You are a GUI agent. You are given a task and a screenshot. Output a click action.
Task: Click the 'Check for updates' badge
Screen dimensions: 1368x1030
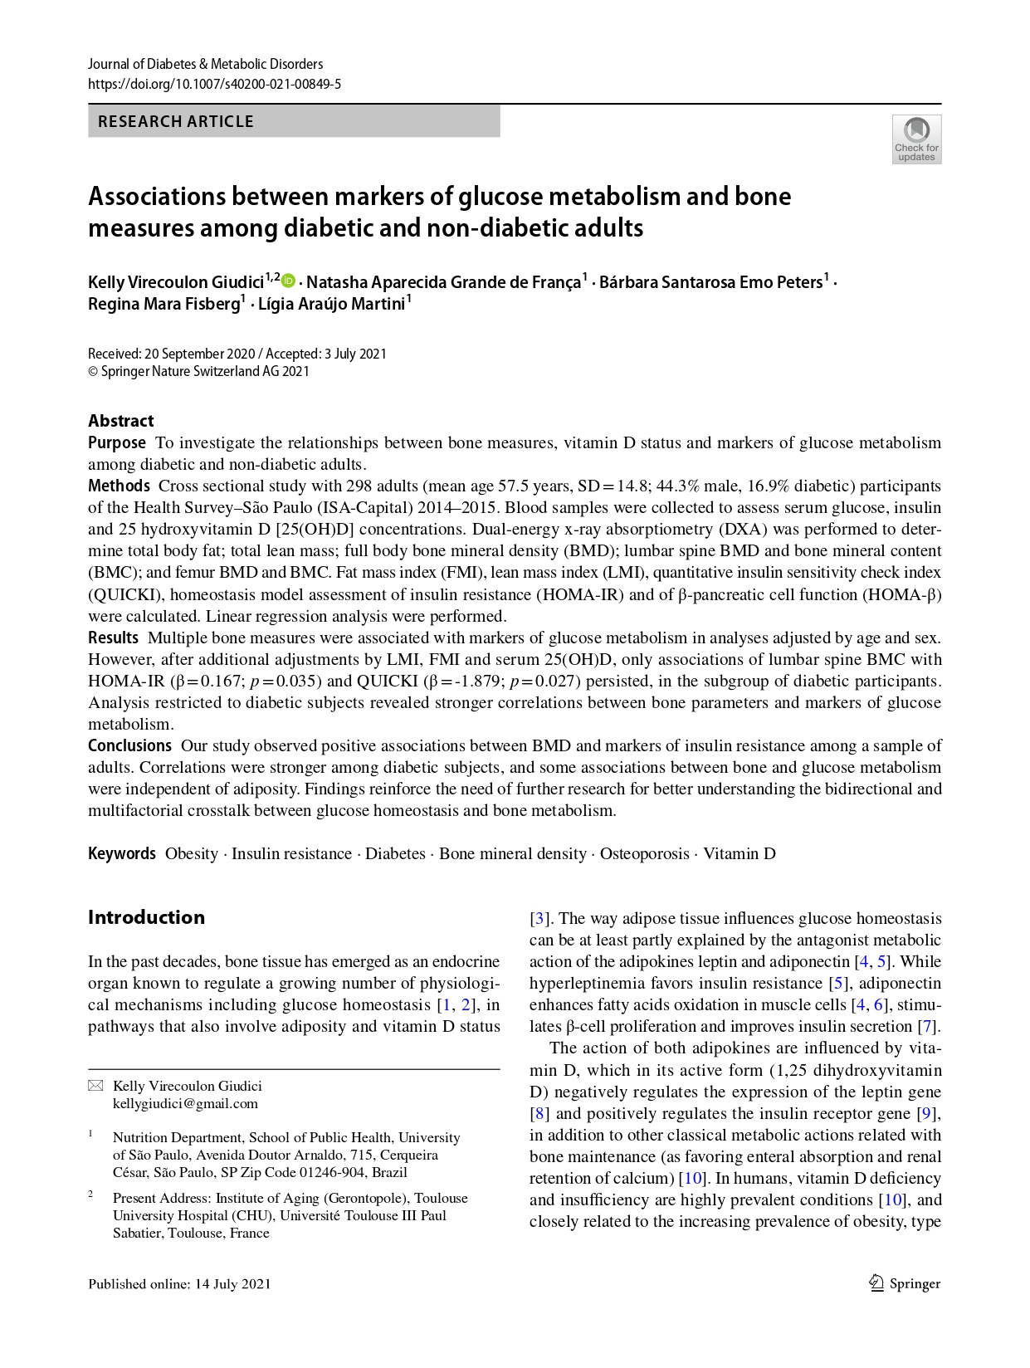pos(916,139)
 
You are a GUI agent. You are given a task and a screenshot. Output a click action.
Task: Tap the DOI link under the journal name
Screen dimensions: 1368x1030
pos(214,84)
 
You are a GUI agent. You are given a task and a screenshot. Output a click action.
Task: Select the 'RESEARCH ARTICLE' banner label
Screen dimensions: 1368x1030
pos(176,121)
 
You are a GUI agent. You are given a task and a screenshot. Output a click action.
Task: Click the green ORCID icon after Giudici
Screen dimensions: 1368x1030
pos(289,281)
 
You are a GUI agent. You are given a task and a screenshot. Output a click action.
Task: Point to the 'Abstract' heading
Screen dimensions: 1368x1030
pos(121,421)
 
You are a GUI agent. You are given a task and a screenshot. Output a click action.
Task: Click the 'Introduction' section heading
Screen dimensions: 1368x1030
pos(146,917)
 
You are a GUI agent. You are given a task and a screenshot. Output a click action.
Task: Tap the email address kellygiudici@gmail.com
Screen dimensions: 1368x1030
pos(185,1103)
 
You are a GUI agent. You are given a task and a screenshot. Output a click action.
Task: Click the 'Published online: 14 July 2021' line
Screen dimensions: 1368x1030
pos(179,1283)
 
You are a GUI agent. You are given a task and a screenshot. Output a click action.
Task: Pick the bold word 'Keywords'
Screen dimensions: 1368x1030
pos(122,853)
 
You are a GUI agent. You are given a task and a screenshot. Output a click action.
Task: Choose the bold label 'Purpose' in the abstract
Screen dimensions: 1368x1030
pos(117,442)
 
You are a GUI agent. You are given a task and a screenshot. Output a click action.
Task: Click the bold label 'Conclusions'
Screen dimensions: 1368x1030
pos(129,745)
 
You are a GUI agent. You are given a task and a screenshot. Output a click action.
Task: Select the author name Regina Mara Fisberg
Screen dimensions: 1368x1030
pos(164,304)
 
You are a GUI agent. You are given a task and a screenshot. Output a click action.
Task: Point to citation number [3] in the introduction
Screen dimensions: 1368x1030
pos(540,918)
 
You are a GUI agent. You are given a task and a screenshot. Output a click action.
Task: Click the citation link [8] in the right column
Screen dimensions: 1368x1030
pos(540,1113)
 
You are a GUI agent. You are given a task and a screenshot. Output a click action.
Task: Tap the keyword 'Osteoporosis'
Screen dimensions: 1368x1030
pos(645,853)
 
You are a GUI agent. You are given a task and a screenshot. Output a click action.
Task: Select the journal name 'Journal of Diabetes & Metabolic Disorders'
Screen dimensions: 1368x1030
pos(206,64)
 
